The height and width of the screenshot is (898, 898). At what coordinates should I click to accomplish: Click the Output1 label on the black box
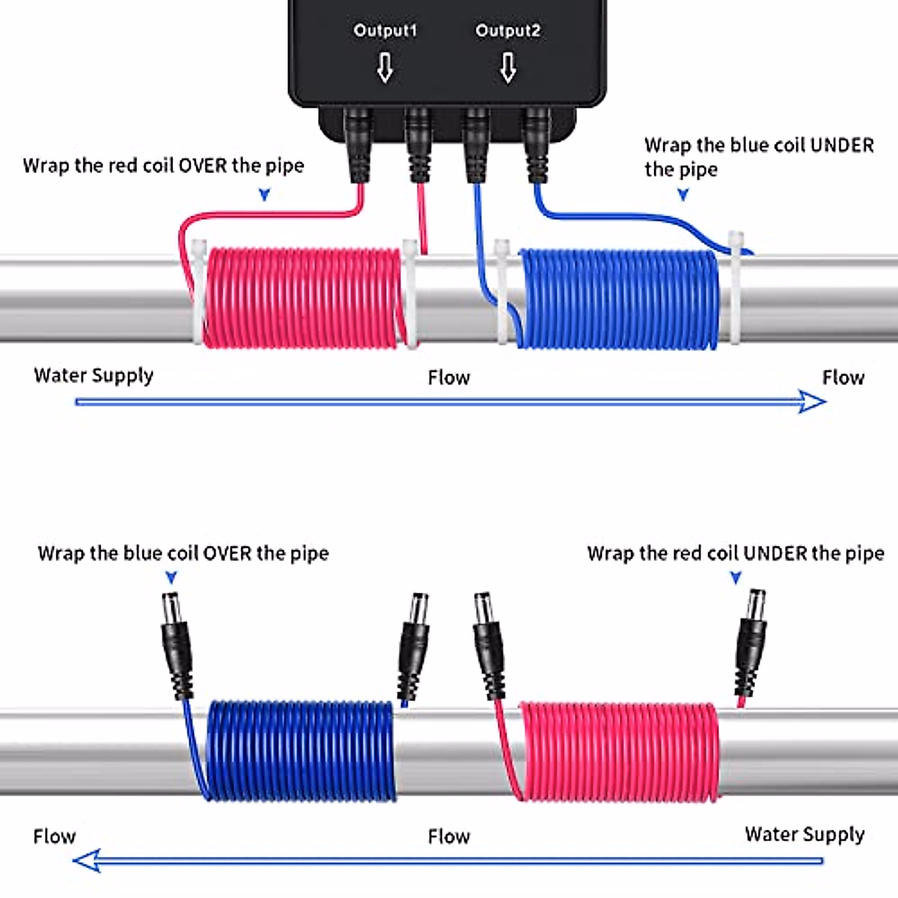(385, 31)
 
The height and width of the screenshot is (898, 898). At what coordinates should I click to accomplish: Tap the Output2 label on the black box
(507, 31)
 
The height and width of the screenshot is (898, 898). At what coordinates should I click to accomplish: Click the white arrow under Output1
(385, 68)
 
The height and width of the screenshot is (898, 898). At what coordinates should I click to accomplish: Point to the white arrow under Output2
(508, 68)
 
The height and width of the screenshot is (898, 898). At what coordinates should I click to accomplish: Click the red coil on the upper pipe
(303, 297)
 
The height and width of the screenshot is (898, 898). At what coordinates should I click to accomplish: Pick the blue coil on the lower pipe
(299, 750)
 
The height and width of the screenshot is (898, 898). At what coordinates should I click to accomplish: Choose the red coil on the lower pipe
(618, 751)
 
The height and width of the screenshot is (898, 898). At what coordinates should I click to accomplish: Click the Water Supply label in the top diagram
(94, 375)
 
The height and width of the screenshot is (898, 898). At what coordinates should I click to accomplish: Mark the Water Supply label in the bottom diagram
(804, 834)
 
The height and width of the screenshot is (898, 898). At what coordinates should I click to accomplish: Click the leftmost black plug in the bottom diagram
(177, 644)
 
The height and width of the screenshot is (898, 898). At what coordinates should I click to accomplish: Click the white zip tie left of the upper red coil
(198, 292)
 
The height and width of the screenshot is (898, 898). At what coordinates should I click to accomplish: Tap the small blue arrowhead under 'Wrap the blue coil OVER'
(171, 578)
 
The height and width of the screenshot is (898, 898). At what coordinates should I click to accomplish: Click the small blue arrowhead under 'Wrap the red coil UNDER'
(736, 578)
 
